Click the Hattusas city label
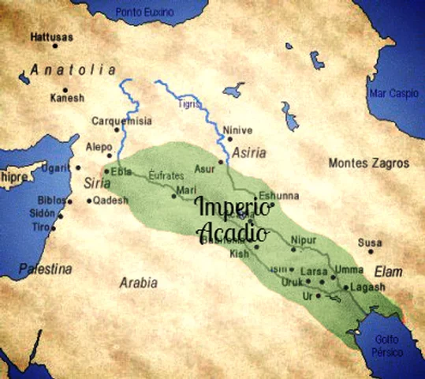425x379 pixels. coord(52,37)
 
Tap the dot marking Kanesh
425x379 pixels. coord(65,90)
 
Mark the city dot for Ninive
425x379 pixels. coord(229,139)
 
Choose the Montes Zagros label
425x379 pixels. coord(369,163)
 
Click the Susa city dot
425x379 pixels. coord(371,251)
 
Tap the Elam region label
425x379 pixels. coord(388,272)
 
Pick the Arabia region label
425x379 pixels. coord(138,282)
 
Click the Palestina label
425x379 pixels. coord(46,268)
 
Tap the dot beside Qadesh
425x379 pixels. coord(88,201)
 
